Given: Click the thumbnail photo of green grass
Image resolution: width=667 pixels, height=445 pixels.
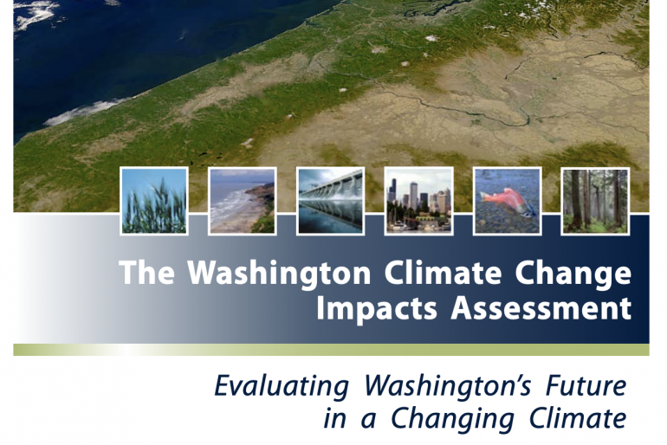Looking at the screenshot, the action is pos(154,201).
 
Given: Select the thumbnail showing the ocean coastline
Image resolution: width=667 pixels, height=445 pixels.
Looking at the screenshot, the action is pos(243,201).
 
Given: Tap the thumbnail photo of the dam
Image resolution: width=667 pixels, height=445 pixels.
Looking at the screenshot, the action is pos(331,201).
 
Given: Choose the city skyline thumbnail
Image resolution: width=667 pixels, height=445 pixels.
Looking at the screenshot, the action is pos(418,201).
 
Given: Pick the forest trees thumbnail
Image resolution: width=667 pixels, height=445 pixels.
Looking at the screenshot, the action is pos(596,201).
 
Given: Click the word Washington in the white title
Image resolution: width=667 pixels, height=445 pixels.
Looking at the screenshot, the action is pos(279,274).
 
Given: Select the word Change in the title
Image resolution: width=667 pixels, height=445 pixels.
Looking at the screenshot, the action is pos(573,274).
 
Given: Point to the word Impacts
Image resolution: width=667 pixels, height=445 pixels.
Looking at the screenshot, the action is pos(377,309).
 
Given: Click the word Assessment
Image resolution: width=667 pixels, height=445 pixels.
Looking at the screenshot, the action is pos(541,307).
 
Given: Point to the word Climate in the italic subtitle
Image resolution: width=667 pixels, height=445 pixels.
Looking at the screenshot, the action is pos(578,417).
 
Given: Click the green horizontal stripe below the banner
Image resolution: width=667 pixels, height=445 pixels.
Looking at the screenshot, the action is pos(331,350).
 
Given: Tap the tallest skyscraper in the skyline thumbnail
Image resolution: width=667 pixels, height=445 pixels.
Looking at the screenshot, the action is pos(414,197).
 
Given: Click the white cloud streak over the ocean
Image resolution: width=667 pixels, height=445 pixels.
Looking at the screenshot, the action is pos(85,112).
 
